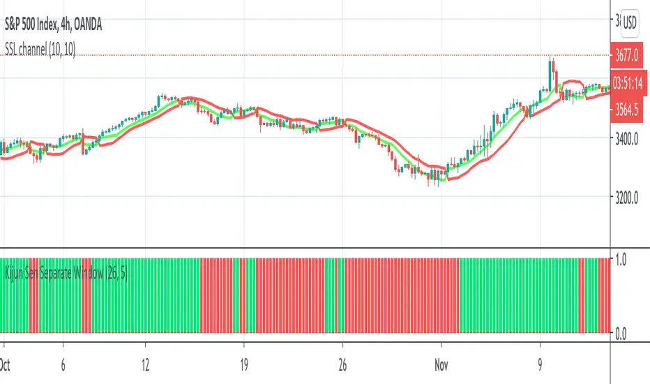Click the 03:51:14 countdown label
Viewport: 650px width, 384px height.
pos(628,80)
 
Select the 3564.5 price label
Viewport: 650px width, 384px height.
pos(628,109)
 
